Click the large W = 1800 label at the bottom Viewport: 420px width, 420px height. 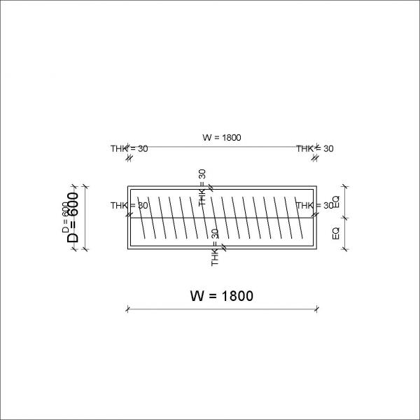(x=221, y=295)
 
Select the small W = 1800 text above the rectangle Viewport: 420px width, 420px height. (x=221, y=137)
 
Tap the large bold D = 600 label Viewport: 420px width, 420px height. (x=73, y=218)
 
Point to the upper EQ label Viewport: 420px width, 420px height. (x=336, y=202)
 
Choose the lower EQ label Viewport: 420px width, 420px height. (x=336, y=234)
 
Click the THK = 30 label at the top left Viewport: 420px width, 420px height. (x=129, y=148)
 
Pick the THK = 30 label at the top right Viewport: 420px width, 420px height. (x=314, y=148)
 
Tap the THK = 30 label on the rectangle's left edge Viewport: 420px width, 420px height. (x=129, y=206)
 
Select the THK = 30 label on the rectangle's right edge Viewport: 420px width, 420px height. (x=314, y=206)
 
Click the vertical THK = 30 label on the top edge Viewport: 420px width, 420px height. (x=202, y=186)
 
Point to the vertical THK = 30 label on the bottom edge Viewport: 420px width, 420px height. (x=215, y=247)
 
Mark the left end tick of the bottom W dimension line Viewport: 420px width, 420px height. (x=127, y=308)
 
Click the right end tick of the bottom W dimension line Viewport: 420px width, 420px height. (x=316, y=308)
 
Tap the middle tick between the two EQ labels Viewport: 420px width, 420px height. (x=344, y=218)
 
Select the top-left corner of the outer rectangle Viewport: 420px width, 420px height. (x=127, y=186)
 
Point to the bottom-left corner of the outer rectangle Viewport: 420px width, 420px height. (x=127, y=249)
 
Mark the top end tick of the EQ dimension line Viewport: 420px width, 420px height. (x=344, y=186)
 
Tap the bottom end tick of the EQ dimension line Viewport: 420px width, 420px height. (x=344, y=249)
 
